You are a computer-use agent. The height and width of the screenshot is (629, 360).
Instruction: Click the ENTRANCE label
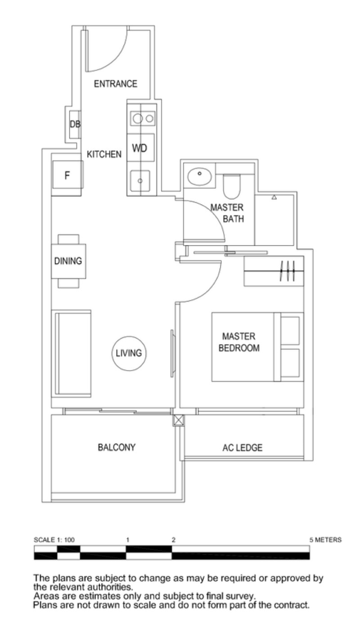pos(115,84)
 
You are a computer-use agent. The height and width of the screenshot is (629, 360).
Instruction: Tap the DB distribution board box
pos(75,124)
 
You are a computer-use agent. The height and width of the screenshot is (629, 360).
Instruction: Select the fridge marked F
pos(67,175)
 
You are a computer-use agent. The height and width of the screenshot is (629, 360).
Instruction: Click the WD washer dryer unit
pos(140,148)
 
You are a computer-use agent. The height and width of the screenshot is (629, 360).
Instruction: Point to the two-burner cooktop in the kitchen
pos(143,118)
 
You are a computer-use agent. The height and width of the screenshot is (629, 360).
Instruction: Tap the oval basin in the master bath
pos(199,176)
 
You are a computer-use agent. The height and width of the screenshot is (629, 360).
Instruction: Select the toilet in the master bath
pos(232,186)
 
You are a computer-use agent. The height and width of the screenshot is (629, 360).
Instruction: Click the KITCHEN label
pos(104,154)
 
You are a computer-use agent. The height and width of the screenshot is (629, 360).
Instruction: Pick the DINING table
pos(68,261)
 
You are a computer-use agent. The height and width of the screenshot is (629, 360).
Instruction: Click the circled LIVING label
pos(129,353)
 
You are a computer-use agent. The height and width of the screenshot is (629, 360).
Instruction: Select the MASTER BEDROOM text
pos(239,342)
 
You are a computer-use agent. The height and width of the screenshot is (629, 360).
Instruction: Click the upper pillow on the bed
pos(290,331)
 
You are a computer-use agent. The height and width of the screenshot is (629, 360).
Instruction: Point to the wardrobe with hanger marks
pos(274,271)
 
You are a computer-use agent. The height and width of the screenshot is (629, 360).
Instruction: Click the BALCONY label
pos(117,447)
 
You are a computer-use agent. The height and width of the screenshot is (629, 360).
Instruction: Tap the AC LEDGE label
pos(243,447)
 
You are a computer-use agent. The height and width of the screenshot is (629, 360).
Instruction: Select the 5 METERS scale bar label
pos(325,539)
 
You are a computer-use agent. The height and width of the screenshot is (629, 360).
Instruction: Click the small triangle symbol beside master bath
pos(274,197)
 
